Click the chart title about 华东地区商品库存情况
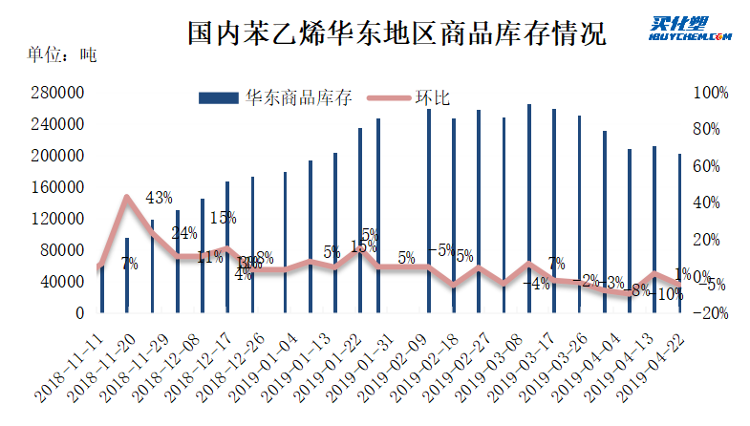click(396, 35)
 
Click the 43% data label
click(159, 199)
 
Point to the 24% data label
click(184, 233)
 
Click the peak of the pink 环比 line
click(127, 198)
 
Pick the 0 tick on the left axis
click(80, 312)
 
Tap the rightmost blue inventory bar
click(679, 233)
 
